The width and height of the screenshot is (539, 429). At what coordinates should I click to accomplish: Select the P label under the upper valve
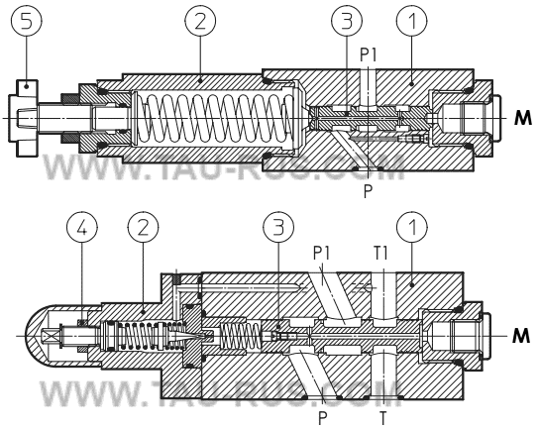(368, 192)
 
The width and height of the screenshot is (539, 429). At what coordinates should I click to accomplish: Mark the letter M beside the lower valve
(521, 337)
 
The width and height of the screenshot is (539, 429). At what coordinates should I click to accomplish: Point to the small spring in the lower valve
(238, 337)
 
